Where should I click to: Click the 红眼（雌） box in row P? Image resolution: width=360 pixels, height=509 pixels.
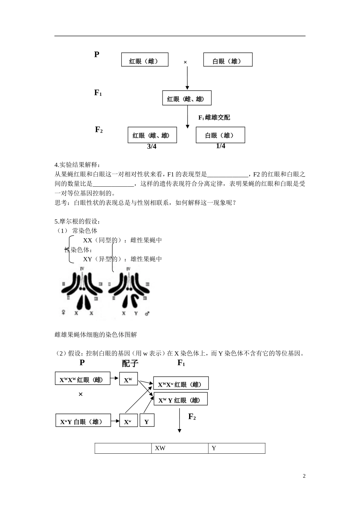144,60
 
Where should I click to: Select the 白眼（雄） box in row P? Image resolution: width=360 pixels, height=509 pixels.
228,60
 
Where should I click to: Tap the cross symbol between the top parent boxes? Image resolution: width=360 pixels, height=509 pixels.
185,62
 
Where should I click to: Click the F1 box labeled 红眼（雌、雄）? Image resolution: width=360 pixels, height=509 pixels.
186,98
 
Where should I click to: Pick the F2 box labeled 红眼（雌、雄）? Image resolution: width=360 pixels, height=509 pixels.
152,135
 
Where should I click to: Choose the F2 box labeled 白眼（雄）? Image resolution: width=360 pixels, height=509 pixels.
220,135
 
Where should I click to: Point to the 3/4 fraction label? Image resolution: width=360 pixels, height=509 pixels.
152,147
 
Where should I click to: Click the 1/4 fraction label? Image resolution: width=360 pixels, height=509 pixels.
221,146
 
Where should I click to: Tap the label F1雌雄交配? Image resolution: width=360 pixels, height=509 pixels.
214,117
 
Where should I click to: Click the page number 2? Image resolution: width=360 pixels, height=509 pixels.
304,476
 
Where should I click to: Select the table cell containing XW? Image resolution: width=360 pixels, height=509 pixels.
180,448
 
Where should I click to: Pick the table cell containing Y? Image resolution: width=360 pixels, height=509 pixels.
236,448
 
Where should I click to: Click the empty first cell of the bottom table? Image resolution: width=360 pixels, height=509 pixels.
123,448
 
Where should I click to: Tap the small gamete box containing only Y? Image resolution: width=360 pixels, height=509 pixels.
147,420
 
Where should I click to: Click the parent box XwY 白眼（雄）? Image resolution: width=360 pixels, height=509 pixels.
83,420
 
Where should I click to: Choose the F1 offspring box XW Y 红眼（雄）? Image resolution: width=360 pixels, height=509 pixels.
180,399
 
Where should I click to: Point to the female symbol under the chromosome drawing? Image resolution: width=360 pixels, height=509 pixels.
63,313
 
